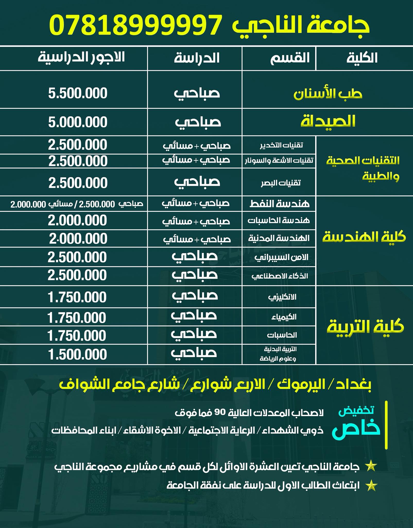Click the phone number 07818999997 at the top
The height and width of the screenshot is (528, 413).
click(x=135, y=25)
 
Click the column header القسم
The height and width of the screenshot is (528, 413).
click(x=290, y=58)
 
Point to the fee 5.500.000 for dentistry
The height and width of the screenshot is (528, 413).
click(x=78, y=93)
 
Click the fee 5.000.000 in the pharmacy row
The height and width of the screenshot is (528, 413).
click(x=78, y=122)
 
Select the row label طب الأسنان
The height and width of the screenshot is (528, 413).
click(x=328, y=94)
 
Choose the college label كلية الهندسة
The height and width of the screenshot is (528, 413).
click(x=364, y=237)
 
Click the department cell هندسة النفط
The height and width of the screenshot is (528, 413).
click(x=279, y=204)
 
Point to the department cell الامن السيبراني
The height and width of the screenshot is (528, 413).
click(x=281, y=257)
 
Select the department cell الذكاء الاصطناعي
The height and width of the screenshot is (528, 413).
click(x=280, y=276)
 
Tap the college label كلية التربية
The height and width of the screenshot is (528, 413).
click(x=365, y=327)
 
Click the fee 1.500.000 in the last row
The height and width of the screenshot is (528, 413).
click(x=78, y=354)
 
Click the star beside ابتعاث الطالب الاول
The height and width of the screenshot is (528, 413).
click(x=371, y=486)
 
